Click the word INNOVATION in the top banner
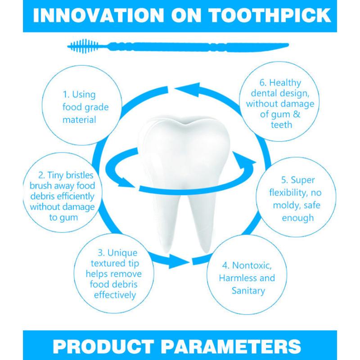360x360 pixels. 99,15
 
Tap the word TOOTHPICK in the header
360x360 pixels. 270,15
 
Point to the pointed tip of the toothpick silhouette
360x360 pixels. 288,45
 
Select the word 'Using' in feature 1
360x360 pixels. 84,95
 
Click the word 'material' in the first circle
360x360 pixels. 79,120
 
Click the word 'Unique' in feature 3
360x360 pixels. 122,253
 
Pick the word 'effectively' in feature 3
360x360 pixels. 115,295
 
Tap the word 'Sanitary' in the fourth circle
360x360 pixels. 248,291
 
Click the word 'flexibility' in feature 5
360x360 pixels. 289,193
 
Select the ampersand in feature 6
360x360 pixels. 297,114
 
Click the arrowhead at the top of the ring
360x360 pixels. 187,88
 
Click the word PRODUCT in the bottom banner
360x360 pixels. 103,346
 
